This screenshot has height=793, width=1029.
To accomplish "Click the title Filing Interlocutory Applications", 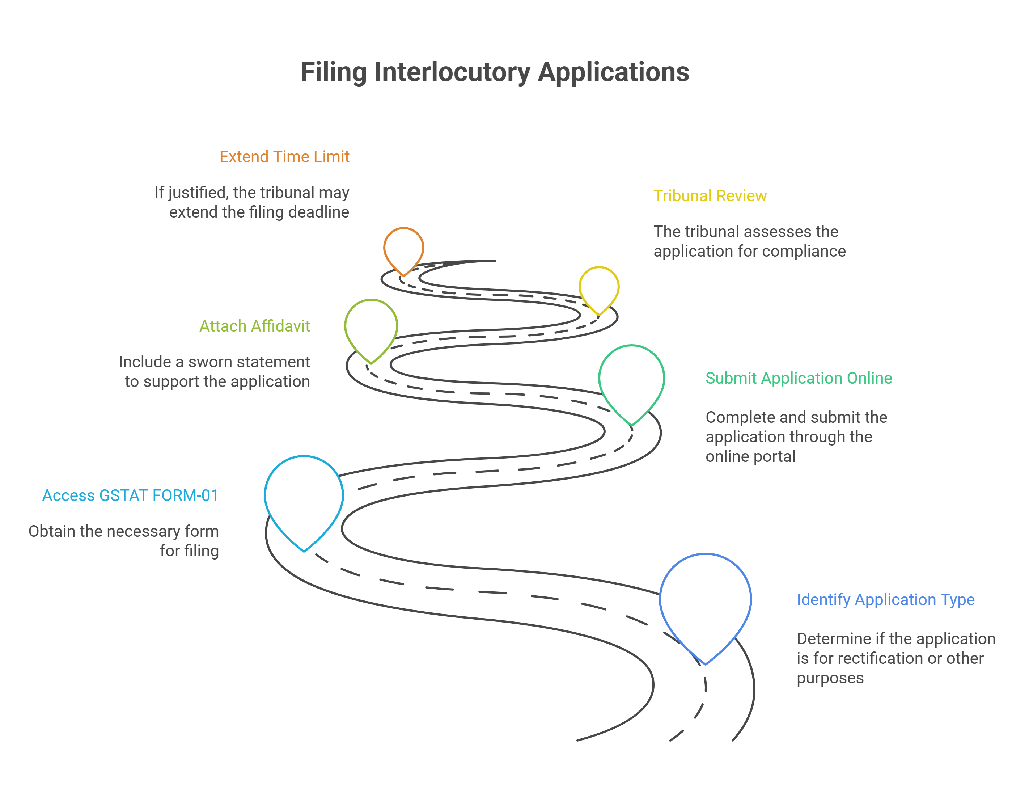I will pyautogui.click(x=495, y=72).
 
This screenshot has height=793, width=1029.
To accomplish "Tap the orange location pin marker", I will pyautogui.click(x=404, y=248).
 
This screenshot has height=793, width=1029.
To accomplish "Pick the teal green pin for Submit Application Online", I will pyautogui.click(x=631, y=379).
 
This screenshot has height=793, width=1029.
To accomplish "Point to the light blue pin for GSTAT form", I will pyautogui.click(x=304, y=497).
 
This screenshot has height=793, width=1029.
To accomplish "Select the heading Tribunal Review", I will pyautogui.click(x=710, y=195).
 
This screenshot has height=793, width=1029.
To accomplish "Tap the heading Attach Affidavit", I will pyautogui.click(x=254, y=326).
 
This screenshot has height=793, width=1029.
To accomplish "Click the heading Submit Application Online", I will pyautogui.click(x=799, y=378).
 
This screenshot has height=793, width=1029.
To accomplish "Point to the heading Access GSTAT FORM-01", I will pyautogui.click(x=131, y=495).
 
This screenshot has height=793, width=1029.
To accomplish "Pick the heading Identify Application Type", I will pyautogui.click(x=885, y=599).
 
